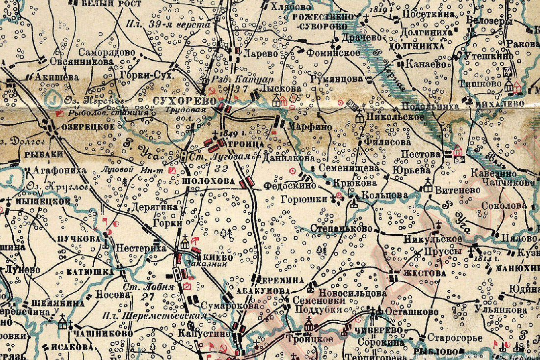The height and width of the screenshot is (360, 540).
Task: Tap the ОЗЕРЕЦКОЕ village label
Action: (88, 127)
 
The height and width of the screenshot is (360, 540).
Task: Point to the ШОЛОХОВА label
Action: (209, 181)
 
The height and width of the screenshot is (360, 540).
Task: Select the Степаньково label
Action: (341, 228)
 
